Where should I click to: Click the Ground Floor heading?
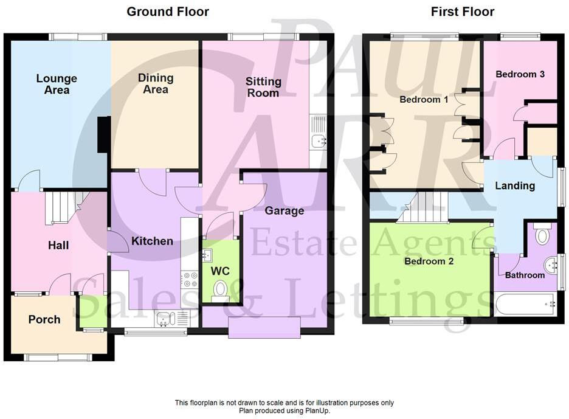pos(167,12)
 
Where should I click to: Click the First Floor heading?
pos(463,12)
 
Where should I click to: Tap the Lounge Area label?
pos(57,84)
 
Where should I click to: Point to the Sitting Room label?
pos(263,87)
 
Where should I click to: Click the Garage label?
pos(284,210)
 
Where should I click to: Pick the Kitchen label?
pos(152,241)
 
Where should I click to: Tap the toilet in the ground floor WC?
pos(220,289)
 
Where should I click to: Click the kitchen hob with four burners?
pos(190,279)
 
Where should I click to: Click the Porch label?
pos(44,319)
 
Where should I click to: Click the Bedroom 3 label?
pos(520,74)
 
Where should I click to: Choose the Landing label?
pos(514,185)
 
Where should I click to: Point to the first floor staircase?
pos(424,207)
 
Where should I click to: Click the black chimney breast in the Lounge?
pos(104,134)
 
